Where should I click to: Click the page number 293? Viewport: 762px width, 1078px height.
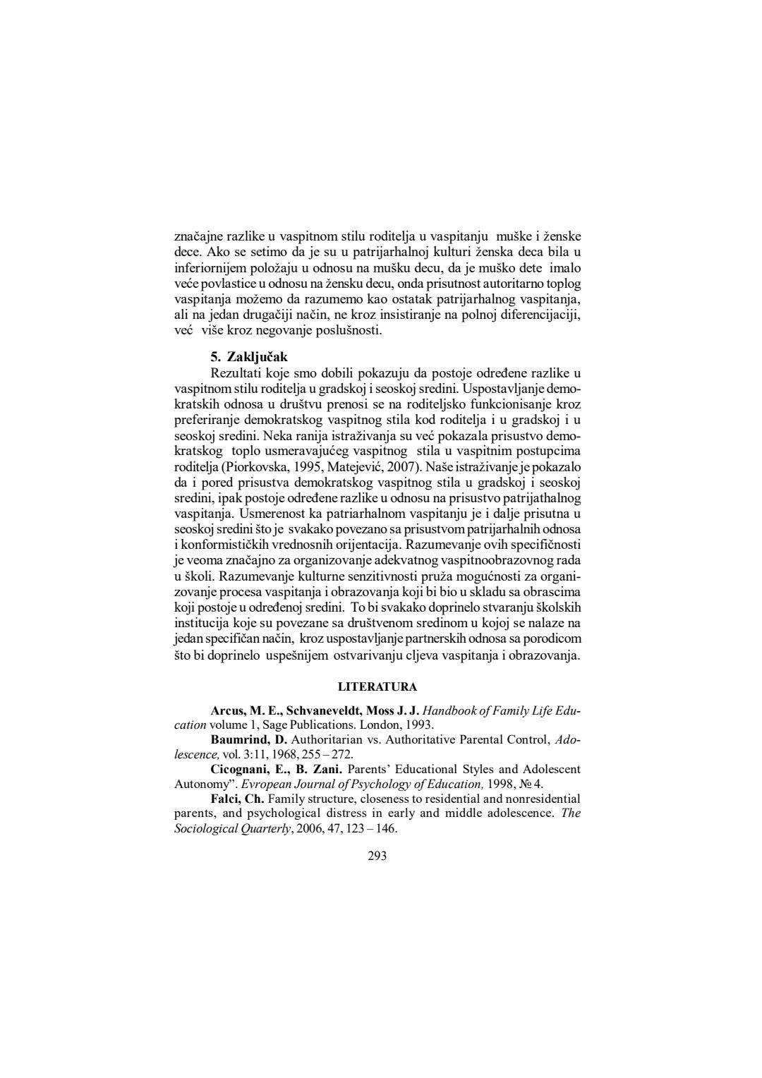377,856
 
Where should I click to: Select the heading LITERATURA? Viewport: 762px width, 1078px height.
377,686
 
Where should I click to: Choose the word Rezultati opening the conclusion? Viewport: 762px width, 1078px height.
236,373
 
